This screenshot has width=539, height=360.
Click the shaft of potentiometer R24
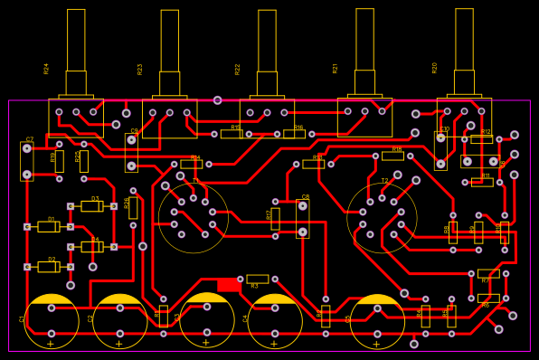[76, 41]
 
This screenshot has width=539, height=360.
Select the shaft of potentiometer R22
[267, 41]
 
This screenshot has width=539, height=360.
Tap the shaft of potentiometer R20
[464, 40]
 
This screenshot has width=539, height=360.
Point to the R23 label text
[140, 69]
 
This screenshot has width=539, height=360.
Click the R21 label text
[336, 68]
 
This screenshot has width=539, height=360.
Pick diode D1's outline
[48, 227]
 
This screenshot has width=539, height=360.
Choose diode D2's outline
[48, 267]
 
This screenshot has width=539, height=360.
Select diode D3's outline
[90, 206]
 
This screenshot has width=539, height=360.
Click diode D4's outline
[91, 247]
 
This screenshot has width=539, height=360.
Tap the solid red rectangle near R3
[228, 285]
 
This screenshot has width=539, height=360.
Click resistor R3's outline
[258, 279]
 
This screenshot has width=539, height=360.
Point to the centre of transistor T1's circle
[194, 218]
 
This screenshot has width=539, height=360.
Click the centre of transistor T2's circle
[382, 218]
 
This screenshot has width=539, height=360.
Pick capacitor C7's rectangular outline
[27, 161]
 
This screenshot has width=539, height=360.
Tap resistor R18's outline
[392, 156]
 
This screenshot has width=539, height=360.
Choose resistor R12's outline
[482, 139]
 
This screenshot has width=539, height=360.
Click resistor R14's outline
[191, 164]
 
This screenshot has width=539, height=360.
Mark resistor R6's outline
[488, 298]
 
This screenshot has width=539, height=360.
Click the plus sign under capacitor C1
[51, 344]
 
